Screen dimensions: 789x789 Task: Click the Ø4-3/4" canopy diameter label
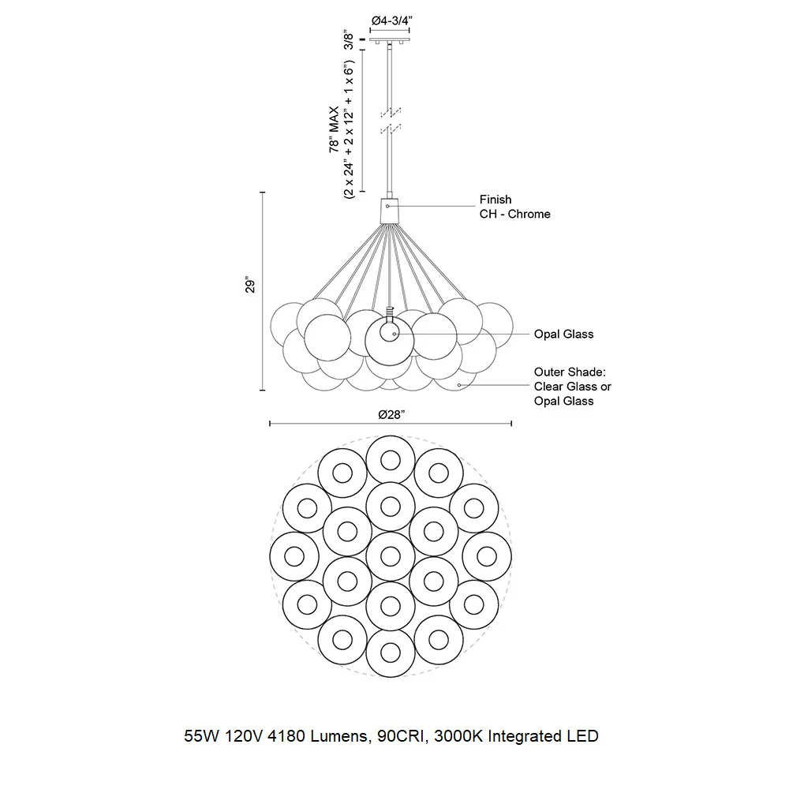tap(392, 21)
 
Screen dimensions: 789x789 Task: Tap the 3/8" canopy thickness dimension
tap(349, 39)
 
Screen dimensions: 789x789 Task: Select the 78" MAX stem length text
tap(334, 129)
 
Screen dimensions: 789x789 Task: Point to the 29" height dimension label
tap(250, 284)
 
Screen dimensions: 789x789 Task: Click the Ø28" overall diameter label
tap(391, 415)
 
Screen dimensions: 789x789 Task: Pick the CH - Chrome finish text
tap(514, 215)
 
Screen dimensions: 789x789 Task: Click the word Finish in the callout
tap(495, 200)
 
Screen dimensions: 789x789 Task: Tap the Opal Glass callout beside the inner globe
tap(563, 334)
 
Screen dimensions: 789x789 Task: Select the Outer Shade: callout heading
tap(570, 372)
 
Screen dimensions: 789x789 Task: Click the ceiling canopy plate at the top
tap(390, 39)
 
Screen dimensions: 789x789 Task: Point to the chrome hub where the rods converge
tap(390, 211)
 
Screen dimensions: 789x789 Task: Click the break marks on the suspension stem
tap(390, 120)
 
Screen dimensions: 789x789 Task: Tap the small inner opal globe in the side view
tap(389, 333)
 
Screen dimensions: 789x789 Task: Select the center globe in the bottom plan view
tap(391, 556)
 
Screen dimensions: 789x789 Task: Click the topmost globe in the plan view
tap(391, 460)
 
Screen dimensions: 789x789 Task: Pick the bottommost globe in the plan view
tap(391, 653)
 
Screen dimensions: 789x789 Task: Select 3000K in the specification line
tap(458, 736)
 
